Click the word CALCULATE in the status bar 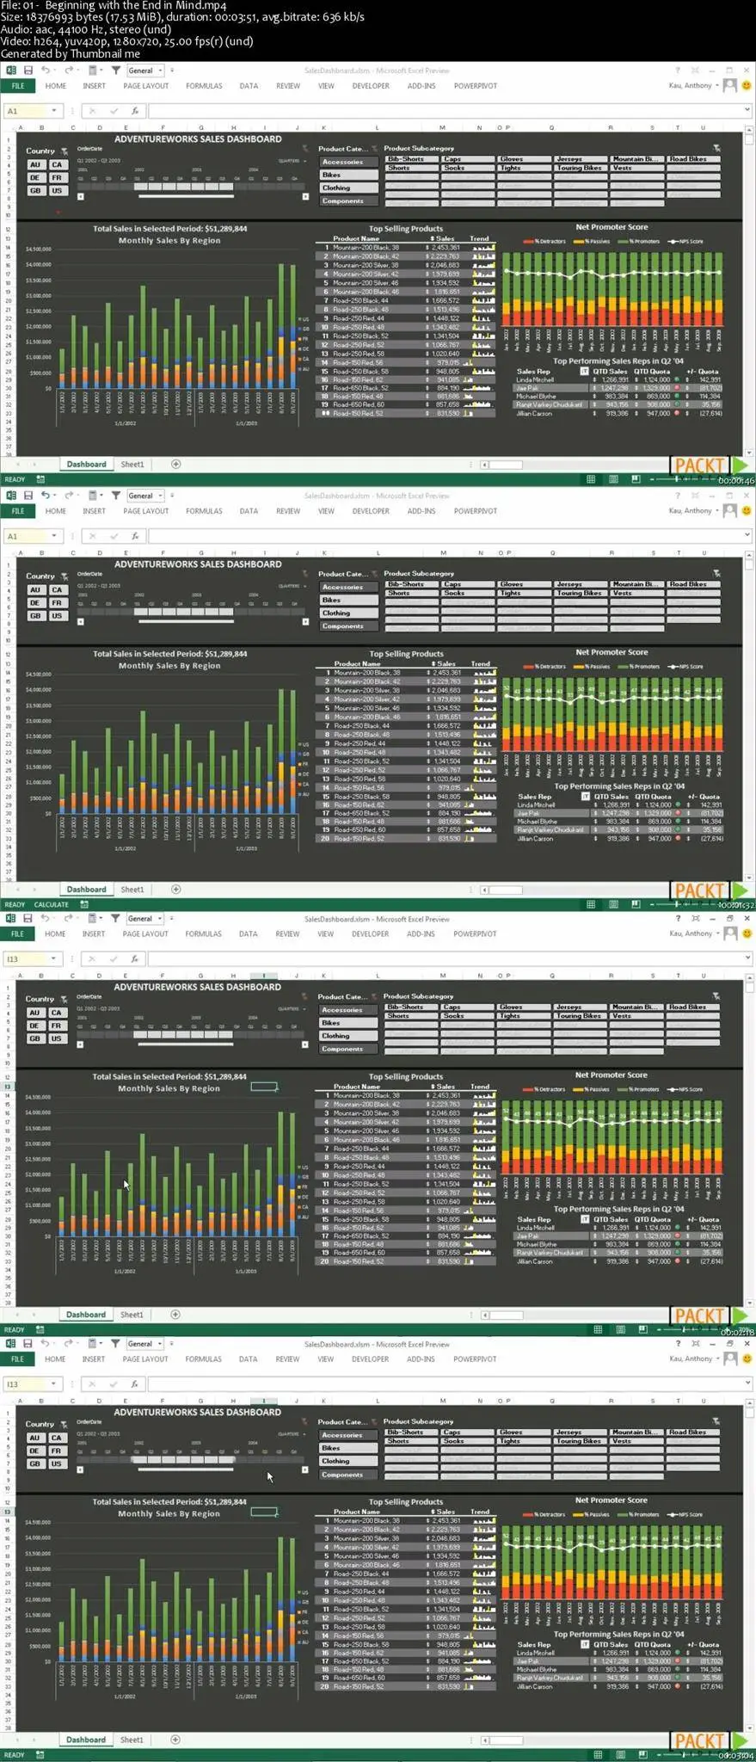pyautogui.click(x=51, y=904)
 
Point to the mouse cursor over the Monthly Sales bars pyautogui.click(x=126, y=1184)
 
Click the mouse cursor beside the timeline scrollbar pyautogui.click(x=269, y=1476)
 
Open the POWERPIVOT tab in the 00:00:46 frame pyautogui.click(x=475, y=86)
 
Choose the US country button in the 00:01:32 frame pyautogui.click(x=57, y=616)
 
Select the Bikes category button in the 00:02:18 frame pyautogui.click(x=331, y=1023)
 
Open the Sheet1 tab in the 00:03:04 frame pyautogui.click(x=132, y=1740)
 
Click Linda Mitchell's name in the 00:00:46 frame pyautogui.click(x=535, y=379)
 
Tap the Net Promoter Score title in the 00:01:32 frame pyautogui.click(x=612, y=652)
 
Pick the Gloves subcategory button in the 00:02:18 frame pyautogui.click(x=512, y=1007)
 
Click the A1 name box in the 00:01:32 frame pyautogui.click(x=13, y=536)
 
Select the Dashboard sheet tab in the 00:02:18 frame pyautogui.click(x=86, y=1315)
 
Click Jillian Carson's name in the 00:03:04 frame pyautogui.click(x=534, y=1686)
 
